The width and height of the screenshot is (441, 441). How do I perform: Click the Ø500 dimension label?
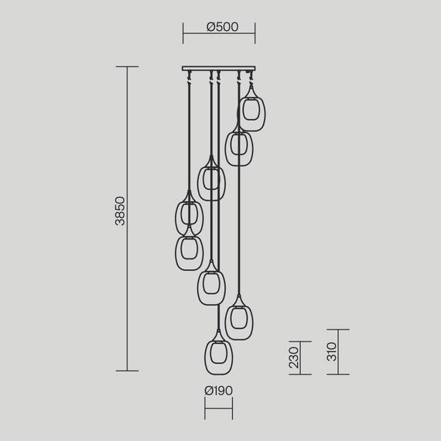coord(223,27)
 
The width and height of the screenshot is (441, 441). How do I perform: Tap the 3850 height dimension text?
coord(120,211)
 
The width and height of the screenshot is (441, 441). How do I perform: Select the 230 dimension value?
coord(294,357)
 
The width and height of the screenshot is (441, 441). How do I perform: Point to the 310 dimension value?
coord(332,351)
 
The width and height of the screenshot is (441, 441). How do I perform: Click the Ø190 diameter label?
coord(218,391)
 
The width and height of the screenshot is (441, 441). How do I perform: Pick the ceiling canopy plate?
coord(219,68)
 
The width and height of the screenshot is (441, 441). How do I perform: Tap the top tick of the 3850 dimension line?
coord(127,67)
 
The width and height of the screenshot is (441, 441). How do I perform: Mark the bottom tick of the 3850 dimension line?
coord(127,371)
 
